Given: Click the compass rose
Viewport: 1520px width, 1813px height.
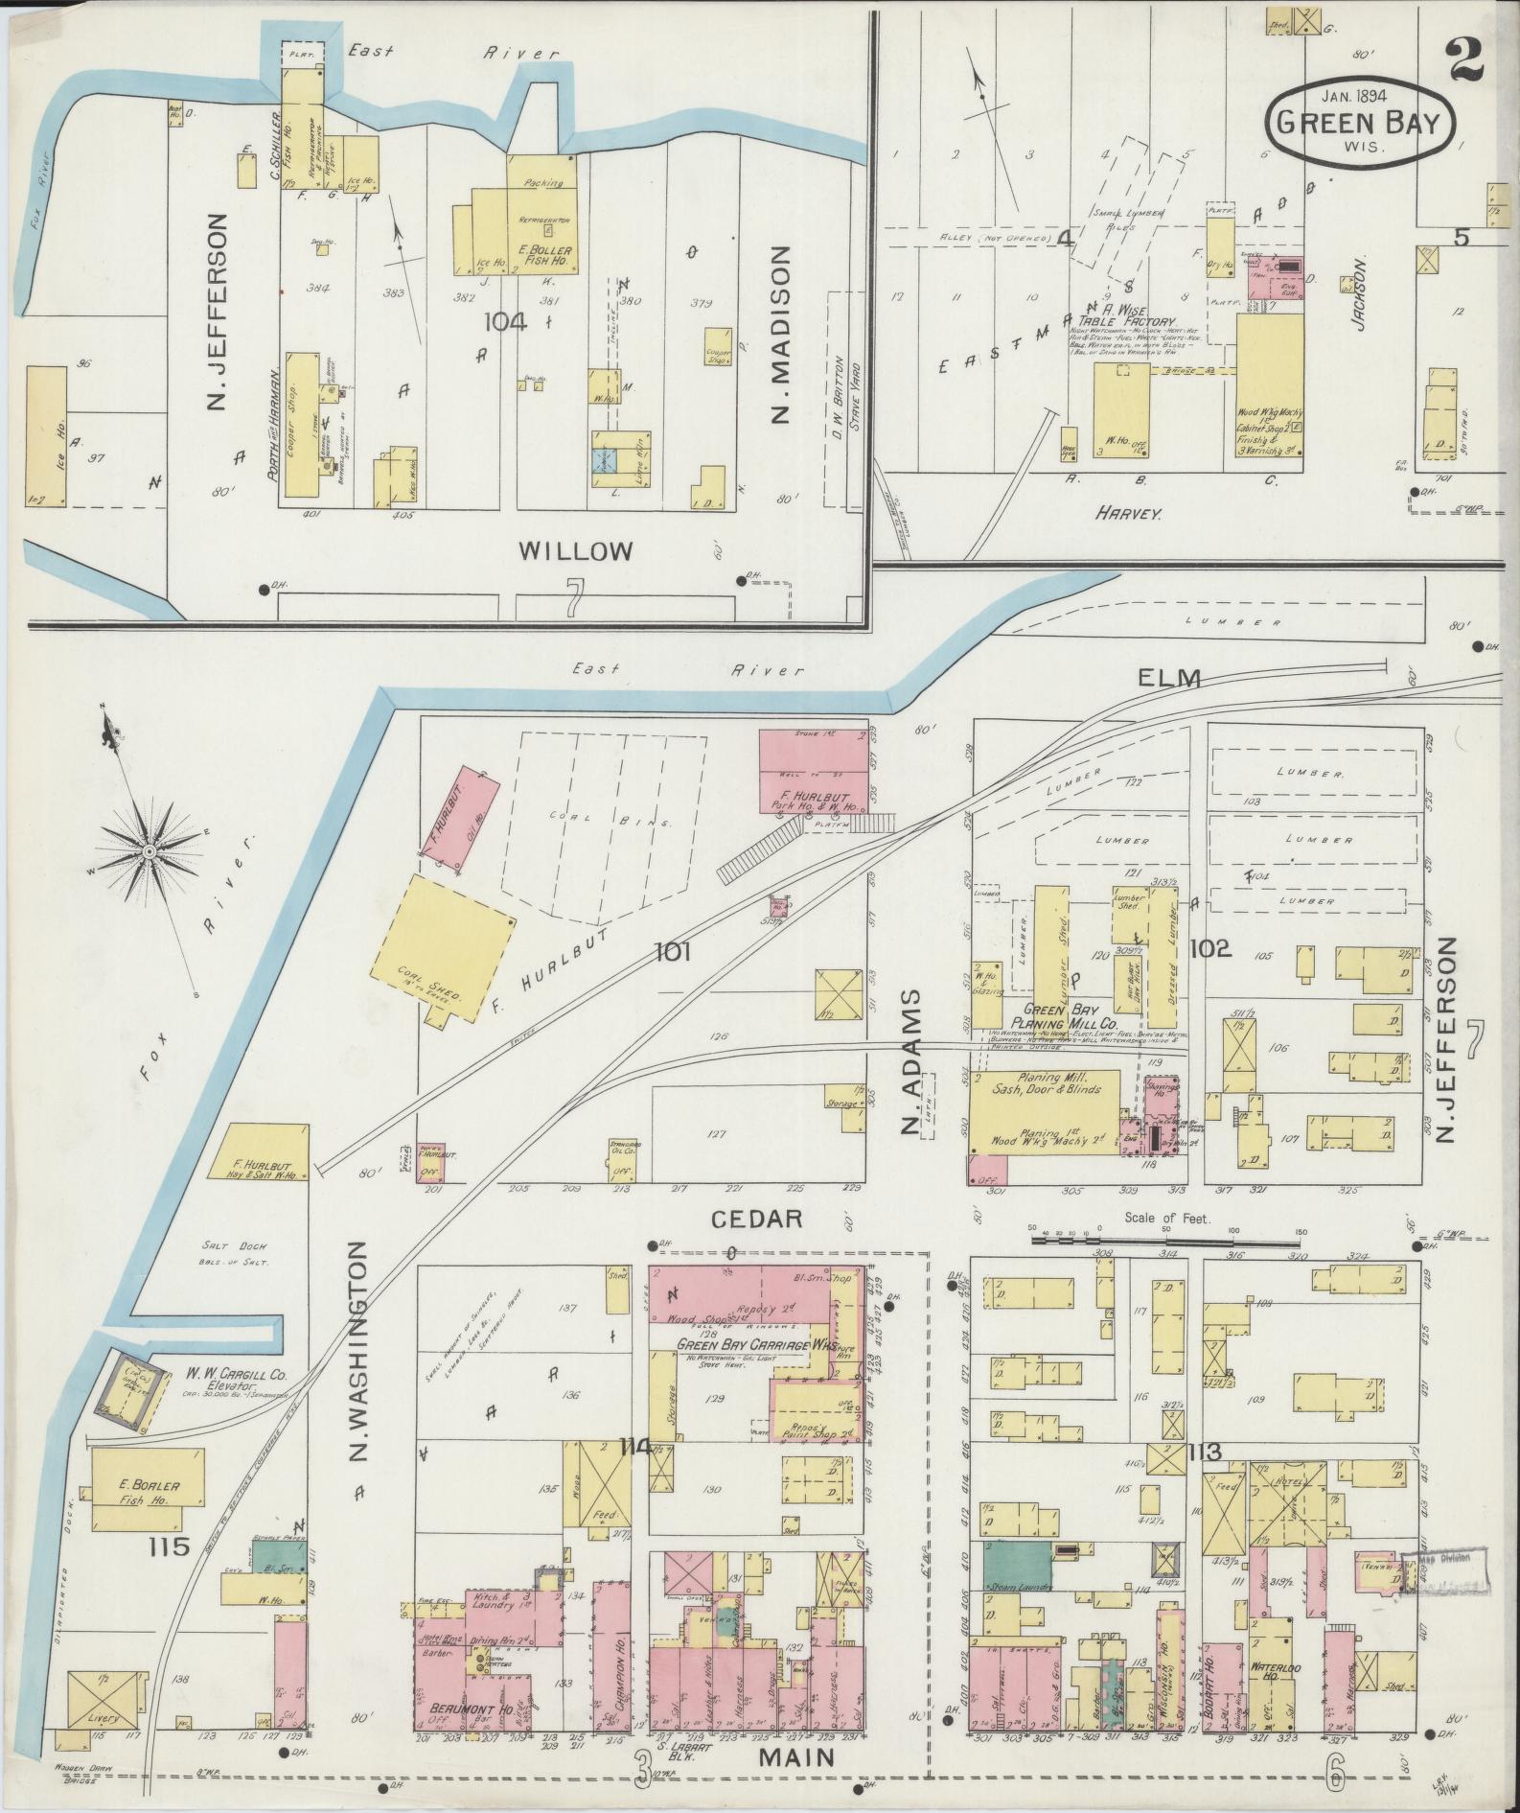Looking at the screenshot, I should point(149,851).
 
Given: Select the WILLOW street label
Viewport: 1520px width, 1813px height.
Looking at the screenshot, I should point(576,551).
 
